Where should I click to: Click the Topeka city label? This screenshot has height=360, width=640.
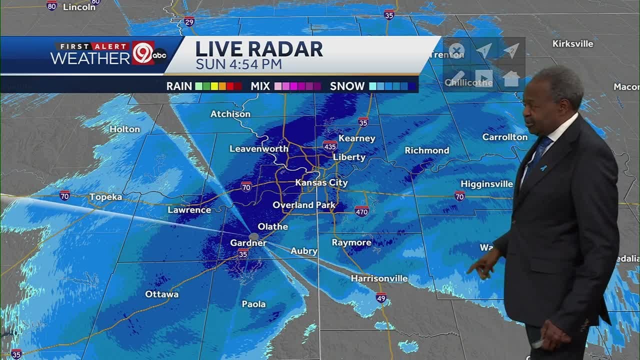click(105, 197)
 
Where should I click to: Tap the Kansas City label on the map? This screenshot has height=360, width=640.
click(321, 182)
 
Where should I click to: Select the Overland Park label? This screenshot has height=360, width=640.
click(304, 205)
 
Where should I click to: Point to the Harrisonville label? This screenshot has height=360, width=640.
click(379, 278)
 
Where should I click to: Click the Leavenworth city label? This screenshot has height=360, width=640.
click(258, 148)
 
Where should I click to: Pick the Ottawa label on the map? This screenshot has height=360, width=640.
click(161, 294)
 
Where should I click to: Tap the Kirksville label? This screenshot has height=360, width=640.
click(572, 43)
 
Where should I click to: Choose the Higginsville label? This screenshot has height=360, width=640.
click(486, 184)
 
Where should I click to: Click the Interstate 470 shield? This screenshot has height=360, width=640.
click(362, 211)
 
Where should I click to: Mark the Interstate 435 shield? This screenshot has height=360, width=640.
click(329, 146)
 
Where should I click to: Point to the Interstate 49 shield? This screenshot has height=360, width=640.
click(381, 298)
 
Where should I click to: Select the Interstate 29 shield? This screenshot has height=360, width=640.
click(189, 21)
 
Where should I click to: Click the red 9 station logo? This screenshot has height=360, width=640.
click(143, 53)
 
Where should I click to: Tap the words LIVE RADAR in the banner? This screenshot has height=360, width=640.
click(258, 49)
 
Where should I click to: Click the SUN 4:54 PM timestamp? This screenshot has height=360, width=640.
click(238, 64)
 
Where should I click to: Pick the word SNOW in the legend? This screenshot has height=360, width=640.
click(347, 86)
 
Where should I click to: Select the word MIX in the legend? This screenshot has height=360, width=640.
click(260, 86)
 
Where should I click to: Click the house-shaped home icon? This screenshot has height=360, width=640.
click(511, 78)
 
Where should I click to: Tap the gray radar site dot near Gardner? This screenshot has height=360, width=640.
click(254, 236)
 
